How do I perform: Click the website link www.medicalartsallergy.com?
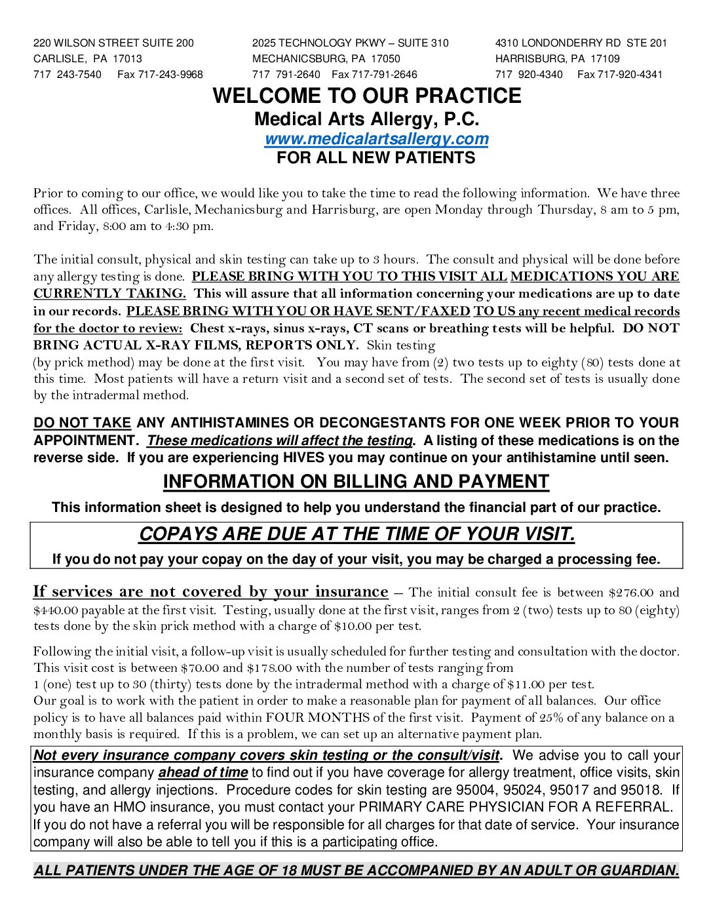click(x=376, y=139)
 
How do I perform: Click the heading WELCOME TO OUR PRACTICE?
click(x=367, y=96)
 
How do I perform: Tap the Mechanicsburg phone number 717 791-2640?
click(x=286, y=75)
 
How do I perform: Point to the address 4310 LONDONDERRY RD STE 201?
click(x=581, y=43)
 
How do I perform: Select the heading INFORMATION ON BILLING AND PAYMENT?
click(x=356, y=482)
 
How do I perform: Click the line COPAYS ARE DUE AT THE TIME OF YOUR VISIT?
click(x=356, y=534)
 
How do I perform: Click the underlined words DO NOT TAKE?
click(x=82, y=423)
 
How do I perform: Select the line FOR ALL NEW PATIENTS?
click(x=376, y=158)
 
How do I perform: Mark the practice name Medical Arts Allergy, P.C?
click(x=366, y=119)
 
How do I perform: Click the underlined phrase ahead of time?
click(x=202, y=773)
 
